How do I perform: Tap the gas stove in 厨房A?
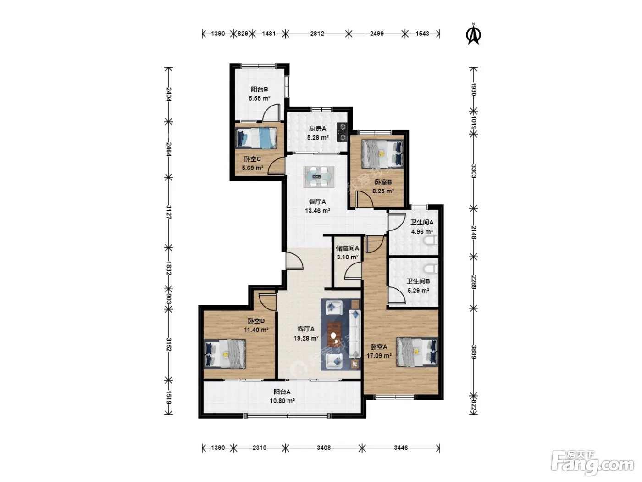[342, 132]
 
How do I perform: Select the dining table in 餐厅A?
[319, 177]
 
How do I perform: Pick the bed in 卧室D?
[224, 353]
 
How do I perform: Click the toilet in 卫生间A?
[431, 241]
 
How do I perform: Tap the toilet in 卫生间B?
[431, 269]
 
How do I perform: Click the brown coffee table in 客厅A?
[334, 334]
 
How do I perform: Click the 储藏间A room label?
[347, 248]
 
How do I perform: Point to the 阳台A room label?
[282, 392]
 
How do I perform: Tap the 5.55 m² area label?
[260, 98]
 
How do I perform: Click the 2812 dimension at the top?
[317, 34]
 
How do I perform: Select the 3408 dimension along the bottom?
[324, 448]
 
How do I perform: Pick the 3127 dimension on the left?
[168, 212]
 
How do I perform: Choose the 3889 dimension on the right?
[474, 352]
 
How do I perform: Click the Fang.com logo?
[592, 464]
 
